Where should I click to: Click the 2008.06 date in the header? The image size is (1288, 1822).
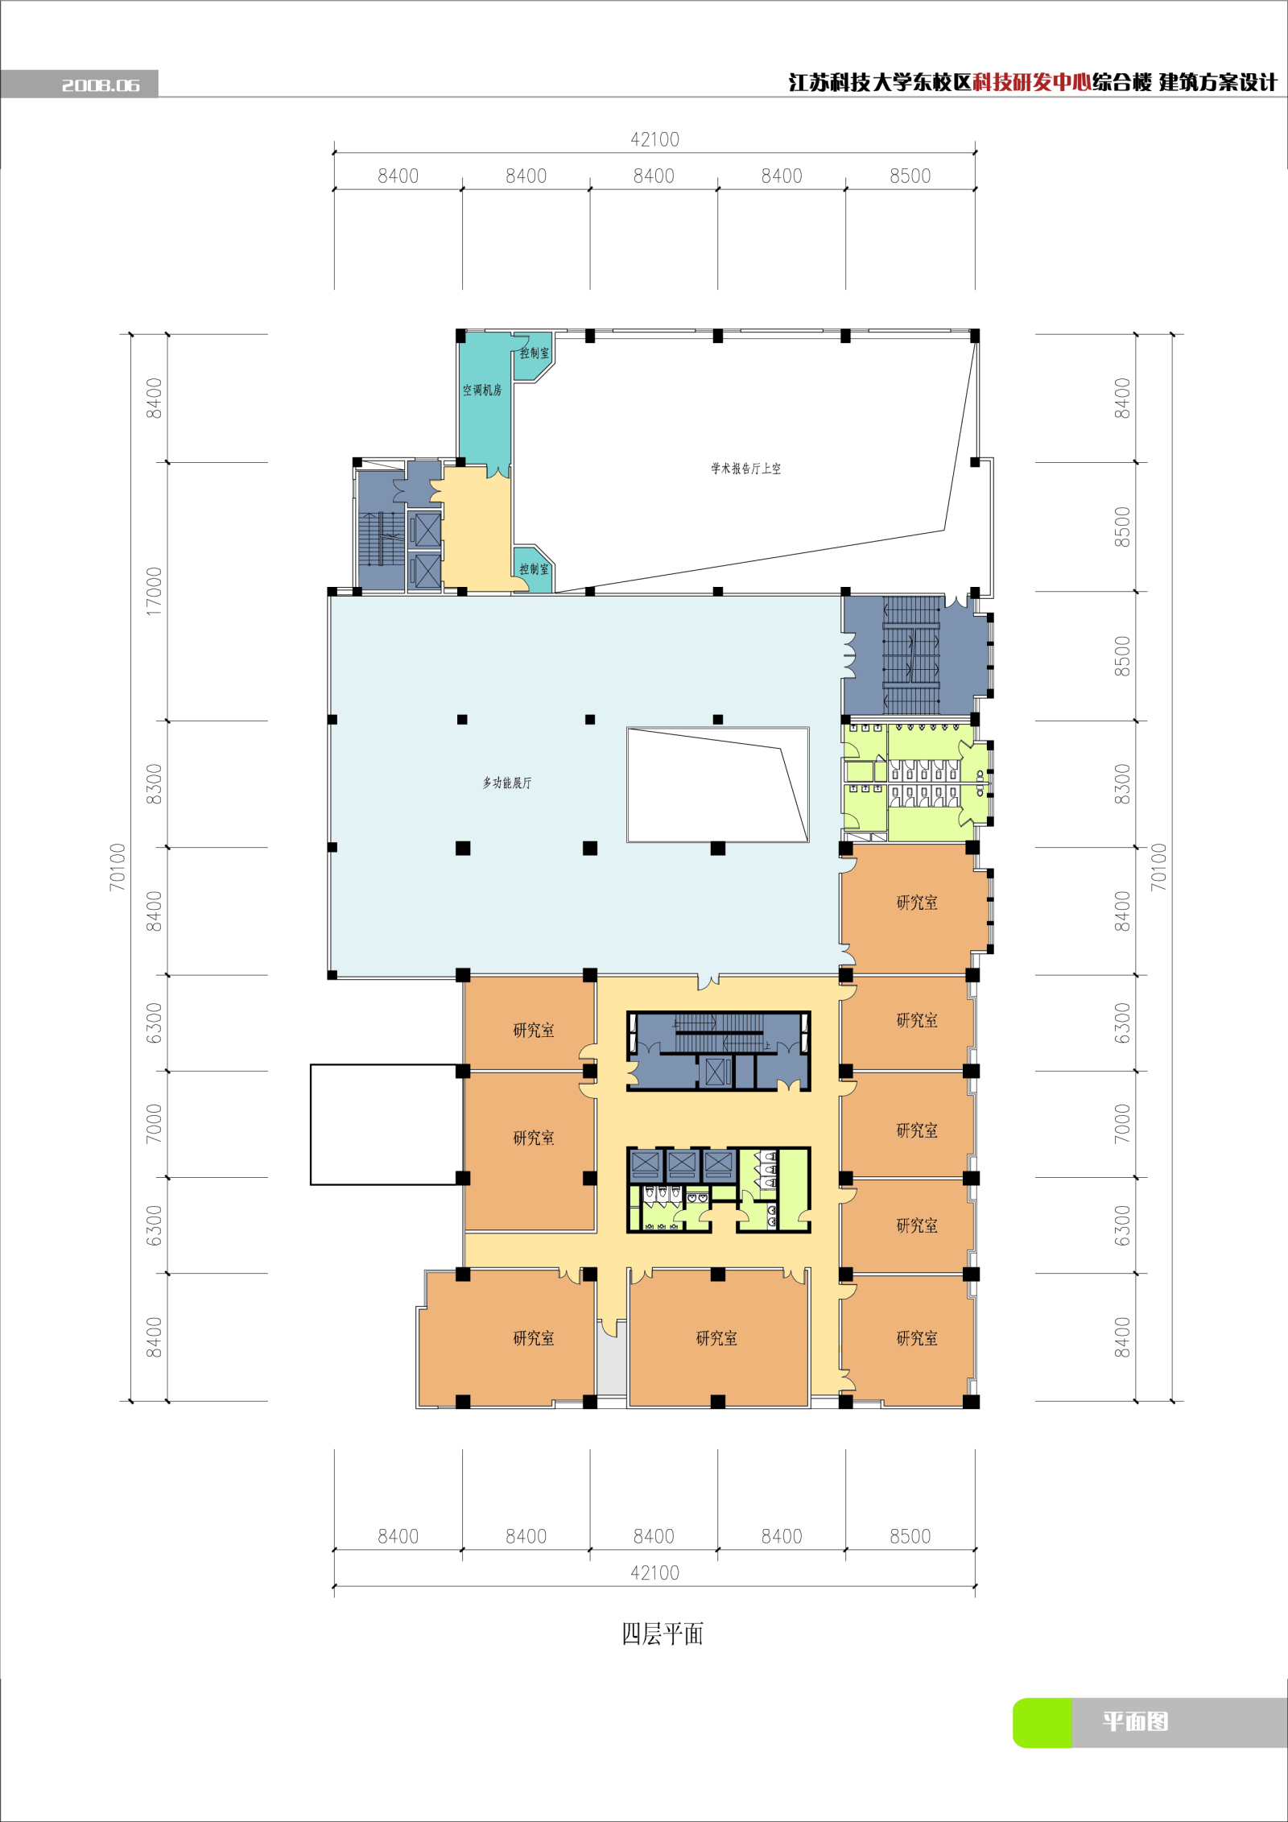tap(101, 85)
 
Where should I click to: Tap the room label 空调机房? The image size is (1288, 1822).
tap(482, 390)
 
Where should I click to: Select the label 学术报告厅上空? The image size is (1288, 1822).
tap(745, 469)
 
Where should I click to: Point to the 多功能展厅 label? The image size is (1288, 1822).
tap(507, 783)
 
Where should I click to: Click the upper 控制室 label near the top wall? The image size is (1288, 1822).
tap(535, 353)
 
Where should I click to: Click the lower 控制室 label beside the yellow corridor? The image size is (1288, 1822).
tap(534, 569)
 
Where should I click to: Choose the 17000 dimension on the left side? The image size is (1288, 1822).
tap(154, 592)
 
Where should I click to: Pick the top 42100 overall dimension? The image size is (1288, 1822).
tap(654, 140)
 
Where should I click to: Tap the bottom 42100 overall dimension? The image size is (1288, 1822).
tap(654, 1573)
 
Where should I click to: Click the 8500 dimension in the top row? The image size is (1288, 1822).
tap(910, 176)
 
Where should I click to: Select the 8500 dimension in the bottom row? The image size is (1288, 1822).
tap(910, 1536)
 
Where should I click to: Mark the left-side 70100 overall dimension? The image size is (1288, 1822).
tap(118, 867)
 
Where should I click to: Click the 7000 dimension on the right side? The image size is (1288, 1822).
tap(1122, 1124)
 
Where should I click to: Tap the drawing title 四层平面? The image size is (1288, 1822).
tap(663, 1634)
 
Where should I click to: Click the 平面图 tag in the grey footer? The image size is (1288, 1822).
tap(1135, 1721)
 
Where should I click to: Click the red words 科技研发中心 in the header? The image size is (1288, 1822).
tap(1032, 82)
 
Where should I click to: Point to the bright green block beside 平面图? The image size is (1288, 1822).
tap(1042, 1723)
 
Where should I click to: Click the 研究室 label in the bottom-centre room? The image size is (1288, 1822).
tap(716, 1338)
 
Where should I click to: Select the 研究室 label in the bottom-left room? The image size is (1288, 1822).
tap(534, 1338)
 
